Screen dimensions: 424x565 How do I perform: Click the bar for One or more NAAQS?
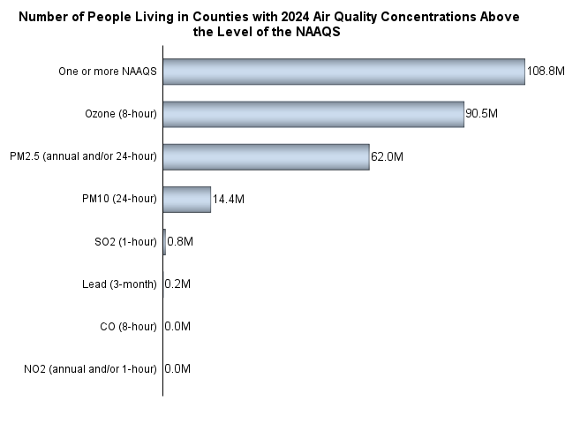coord(344,72)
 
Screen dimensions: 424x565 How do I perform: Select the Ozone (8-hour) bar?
coord(313,114)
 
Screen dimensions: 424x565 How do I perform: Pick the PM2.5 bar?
coord(266,156)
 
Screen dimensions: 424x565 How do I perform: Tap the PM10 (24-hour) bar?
coord(187,199)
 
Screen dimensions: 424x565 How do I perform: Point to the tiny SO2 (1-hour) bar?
coord(164,241)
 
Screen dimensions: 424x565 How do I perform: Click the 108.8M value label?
coord(545,72)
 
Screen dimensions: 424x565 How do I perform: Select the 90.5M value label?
coord(482,114)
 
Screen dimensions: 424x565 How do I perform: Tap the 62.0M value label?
coord(387,156)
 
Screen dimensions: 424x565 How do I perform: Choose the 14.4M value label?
coord(228,199)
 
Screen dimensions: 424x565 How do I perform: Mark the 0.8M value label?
coord(180,241)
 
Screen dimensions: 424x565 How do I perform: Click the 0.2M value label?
coord(177,284)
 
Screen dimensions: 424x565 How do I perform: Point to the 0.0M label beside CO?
coord(177,326)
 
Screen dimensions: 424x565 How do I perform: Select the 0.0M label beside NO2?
coord(177,368)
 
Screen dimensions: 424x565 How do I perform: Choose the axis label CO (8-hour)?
coord(129,326)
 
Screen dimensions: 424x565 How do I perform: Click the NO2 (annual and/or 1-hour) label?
coord(91,368)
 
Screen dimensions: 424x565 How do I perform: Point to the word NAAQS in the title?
coord(319,31)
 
